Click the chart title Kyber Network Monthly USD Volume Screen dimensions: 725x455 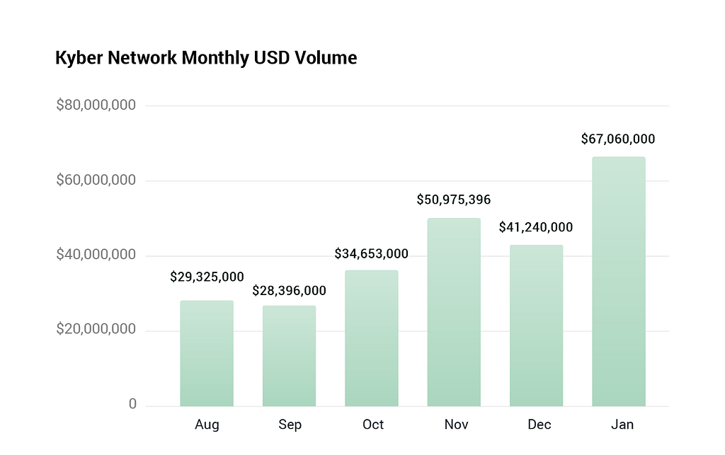click(206, 58)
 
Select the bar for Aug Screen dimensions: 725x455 click(207, 353)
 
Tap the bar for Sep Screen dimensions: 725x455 click(290, 356)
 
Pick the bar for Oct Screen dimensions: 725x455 click(371, 338)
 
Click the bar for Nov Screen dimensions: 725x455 click(454, 312)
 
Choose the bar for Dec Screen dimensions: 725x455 click(537, 326)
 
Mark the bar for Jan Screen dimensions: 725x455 click(619, 282)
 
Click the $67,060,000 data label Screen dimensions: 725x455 click(618, 139)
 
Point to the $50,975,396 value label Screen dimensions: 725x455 click(454, 200)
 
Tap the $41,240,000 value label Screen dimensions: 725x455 click(536, 227)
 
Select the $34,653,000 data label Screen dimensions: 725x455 click(371, 253)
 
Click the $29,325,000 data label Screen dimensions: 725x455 click(207, 277)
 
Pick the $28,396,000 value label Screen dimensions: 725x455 click(289, 291)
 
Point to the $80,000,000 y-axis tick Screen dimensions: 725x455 click(96, 105)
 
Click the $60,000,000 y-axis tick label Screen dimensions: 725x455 click(96, 180)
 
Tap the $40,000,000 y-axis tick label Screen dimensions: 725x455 click(96, 255)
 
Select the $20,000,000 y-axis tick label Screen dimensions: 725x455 click(96, 329)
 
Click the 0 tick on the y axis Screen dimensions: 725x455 click(132, 404)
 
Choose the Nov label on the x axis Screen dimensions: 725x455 click(457, 425)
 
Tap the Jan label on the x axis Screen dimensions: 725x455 click(622, 425)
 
